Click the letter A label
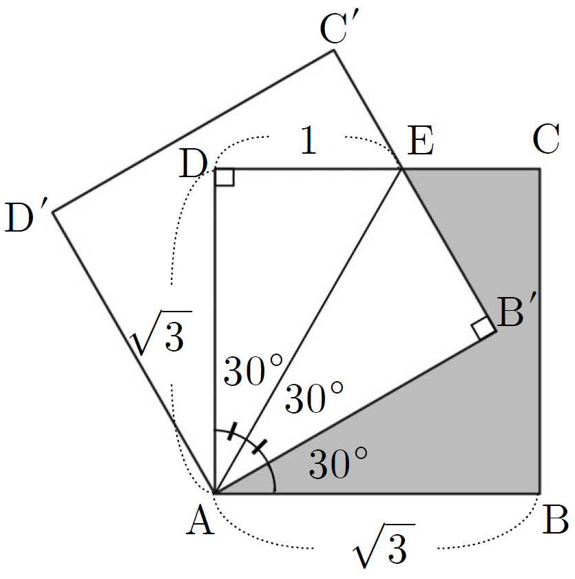click(x=200, y=520)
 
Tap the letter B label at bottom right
click(x=555, y=520)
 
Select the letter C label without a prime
click(x=546, y=139)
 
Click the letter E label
click(x=421, y=141)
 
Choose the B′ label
click(x=514, y=312)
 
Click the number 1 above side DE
click(x=309, y=140)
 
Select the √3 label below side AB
click(x=384, y=545)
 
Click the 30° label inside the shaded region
click(x=338, y=463)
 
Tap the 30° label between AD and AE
click(x=253, y=370)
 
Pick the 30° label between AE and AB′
click(x=314, y=398)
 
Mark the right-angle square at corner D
click(x=224, y=177)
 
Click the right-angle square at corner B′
click(x=483, y=328)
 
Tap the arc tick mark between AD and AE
click(x=232, y=431)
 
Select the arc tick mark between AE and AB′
click(x=260, y=447)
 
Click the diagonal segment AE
click(x=309, y=331)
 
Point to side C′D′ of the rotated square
click(x=194, y=131)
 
